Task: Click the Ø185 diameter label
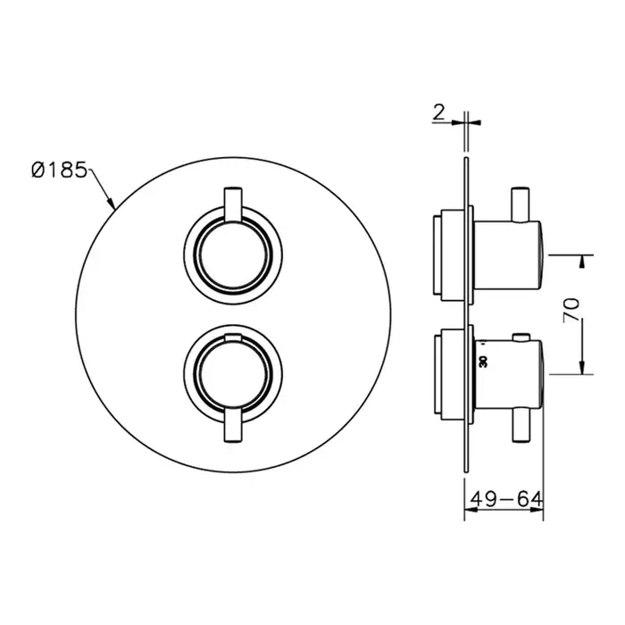pyautogui.click(x=59, y=171)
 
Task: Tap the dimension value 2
pyautogui.click(x=438, y=112)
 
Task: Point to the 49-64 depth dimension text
pyautogui.click(x=506, y=498)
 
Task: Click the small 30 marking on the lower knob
pyautogui.click(x=484, y=362)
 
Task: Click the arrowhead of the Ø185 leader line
pyautogui.click(x=112, y=204)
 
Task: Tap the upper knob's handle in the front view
pyautogui.click(x=233, y=204)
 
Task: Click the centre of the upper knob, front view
pyautogui.click(x=233, y=255)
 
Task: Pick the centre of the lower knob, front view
pyautogui.click(x=233, y=376)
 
